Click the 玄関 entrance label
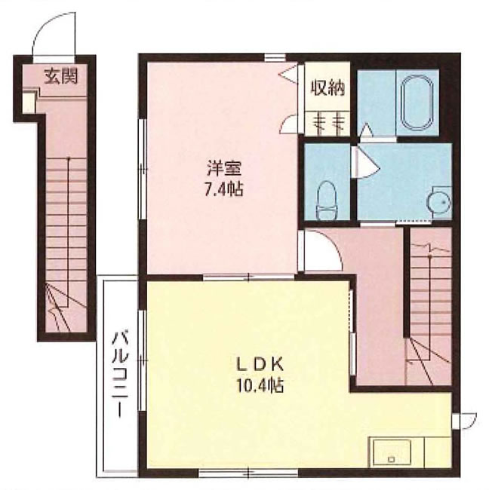60,76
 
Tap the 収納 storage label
328,88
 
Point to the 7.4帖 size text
224,188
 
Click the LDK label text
260,365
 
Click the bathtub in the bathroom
417,102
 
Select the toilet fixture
326,201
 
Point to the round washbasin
439,203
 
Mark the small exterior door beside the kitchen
466,421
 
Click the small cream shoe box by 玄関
29,103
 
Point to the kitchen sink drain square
391,459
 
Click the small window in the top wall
275,57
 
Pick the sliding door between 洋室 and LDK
249,277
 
